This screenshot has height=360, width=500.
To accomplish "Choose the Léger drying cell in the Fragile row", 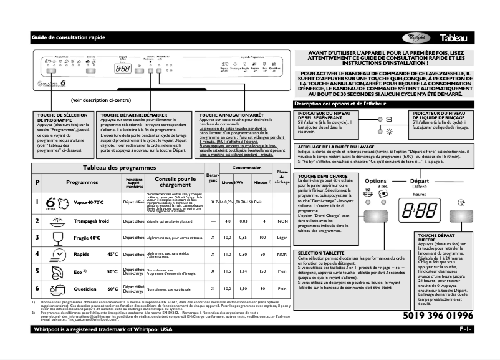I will [x=282, y=238].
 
